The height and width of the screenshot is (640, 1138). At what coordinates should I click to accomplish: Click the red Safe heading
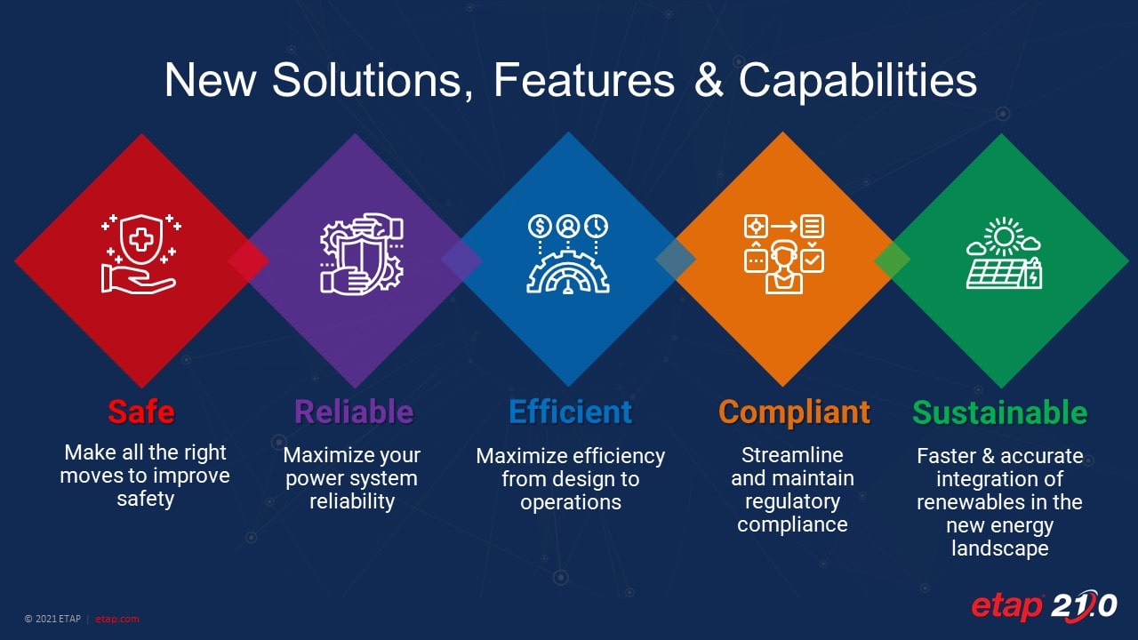tap(141, 412)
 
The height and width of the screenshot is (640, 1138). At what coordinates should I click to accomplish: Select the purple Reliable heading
tap(354, 412)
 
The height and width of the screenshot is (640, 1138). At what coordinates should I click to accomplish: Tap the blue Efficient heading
tap(570, 412)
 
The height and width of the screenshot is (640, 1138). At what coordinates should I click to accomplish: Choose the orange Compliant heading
tap(794, 412)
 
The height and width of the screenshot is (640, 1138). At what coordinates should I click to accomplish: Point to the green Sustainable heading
tap(1000, 412)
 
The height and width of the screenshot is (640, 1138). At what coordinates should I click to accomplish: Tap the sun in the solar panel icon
tap(1004, 236)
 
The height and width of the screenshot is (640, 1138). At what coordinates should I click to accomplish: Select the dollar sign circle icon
tap(540, 226)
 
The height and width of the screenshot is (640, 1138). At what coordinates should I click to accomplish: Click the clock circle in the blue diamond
tap(597, 226)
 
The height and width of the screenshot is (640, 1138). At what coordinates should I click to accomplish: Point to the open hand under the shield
tap(137, 280)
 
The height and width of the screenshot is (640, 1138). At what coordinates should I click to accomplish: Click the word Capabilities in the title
tap(858, 80)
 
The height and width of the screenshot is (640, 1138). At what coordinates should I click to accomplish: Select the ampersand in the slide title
tap(709, 79)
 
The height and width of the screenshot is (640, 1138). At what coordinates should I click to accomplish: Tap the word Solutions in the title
tap(373, 80)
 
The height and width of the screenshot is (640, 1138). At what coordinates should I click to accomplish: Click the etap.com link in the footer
tap(116, 619)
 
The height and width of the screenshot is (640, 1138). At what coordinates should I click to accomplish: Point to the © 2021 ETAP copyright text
tap(52, 619)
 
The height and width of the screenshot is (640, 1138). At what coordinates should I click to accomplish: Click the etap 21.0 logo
tap(1044, 606)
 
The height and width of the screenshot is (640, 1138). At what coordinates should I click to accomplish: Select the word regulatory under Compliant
tap(792, 502)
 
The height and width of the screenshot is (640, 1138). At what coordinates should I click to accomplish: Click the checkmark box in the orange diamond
tap(812, 260)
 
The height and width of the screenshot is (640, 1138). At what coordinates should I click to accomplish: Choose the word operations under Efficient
tap(571, 503)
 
